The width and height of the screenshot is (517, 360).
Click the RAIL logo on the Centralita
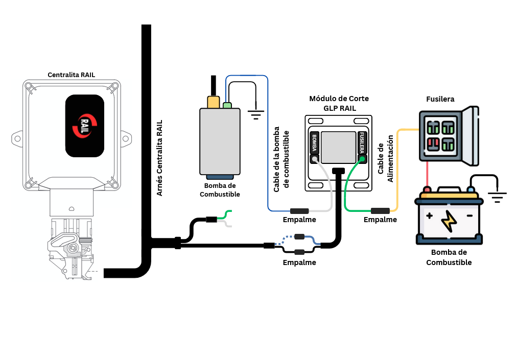85,126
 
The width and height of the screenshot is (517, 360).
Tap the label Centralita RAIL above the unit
71,75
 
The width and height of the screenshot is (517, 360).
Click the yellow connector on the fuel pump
214,102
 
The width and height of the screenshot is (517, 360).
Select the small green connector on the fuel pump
227,106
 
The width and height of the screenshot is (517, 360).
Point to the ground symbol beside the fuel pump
255,115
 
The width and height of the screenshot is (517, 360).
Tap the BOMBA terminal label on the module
314,143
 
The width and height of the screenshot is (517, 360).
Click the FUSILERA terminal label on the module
362,143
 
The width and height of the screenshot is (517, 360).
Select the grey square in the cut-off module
338,148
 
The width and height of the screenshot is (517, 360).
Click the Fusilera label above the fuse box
440,99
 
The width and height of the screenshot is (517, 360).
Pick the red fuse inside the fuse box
433,144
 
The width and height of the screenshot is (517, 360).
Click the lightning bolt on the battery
449,221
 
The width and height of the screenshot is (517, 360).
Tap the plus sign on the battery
429,216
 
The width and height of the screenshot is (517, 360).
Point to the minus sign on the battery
469,216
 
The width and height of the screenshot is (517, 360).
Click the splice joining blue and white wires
299,211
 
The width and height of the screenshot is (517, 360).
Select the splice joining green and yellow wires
380,211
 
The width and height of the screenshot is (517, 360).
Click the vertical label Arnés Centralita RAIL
159,158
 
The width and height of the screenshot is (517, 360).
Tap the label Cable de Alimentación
385,159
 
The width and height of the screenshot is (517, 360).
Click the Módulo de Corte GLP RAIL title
339,103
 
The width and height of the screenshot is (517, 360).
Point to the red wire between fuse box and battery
427,175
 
